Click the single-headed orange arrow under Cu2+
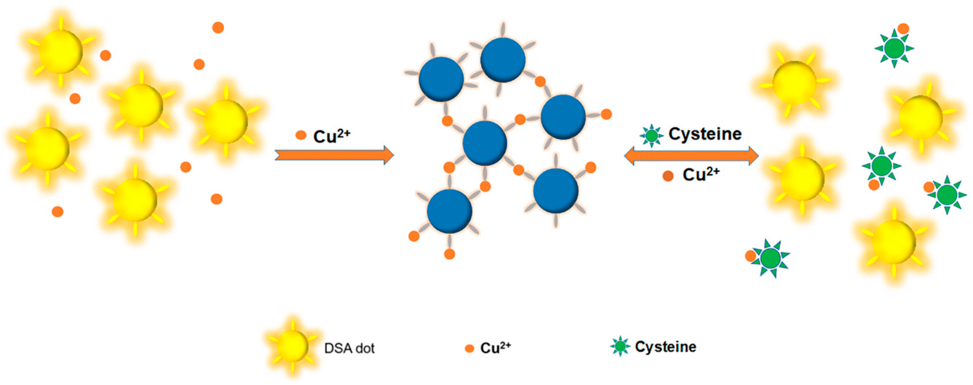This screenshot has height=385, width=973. [x=334, y=155]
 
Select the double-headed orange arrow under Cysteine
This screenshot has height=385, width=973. [x=691, y=156]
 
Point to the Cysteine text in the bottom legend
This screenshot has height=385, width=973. [x=666, y=346]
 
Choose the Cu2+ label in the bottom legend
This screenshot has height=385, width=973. [x=495, y=347]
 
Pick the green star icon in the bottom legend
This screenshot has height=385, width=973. [x=620, y=346]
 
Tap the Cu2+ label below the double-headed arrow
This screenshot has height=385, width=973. [x=701, y=175]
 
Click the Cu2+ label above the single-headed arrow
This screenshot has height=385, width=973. [x=332, y=136]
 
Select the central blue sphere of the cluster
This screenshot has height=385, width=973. [x=484, y=143]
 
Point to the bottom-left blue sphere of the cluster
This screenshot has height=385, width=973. [x=449, y=211]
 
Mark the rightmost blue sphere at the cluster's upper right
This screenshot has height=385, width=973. [x=563, y=117]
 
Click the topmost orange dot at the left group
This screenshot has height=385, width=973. [x=218, y=28]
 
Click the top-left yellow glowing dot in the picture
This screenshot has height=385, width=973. [x=61, y=52]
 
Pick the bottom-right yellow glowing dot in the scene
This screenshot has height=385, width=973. [x=894, y=242]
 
